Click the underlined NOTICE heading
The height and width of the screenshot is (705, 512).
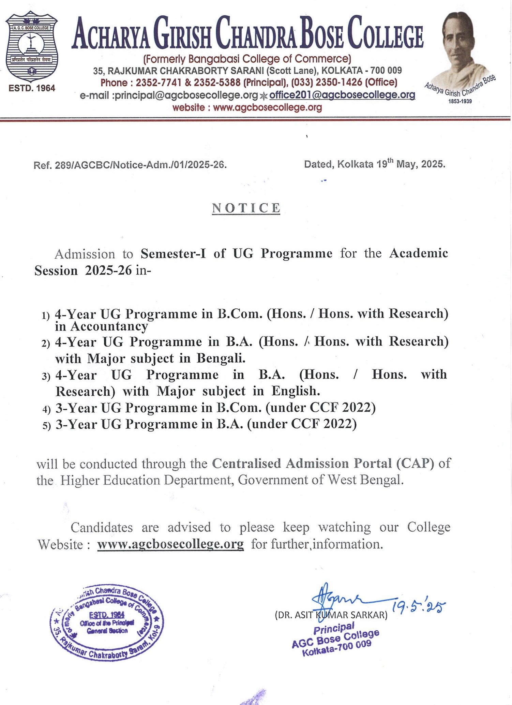coord(246,208)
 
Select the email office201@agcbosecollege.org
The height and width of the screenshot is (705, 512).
coord(342,95)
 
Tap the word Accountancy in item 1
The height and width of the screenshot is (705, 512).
coord(109,327)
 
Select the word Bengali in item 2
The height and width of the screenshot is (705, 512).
coord(221,358)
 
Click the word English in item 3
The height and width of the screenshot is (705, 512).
coord(296,391)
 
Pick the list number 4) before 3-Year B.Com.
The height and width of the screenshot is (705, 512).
coord(47,409)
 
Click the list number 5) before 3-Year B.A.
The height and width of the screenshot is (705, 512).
coord(47,426)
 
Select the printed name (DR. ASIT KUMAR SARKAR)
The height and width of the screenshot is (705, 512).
coord(331,615)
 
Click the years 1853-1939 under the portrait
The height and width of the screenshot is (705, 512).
coord(460,101)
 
